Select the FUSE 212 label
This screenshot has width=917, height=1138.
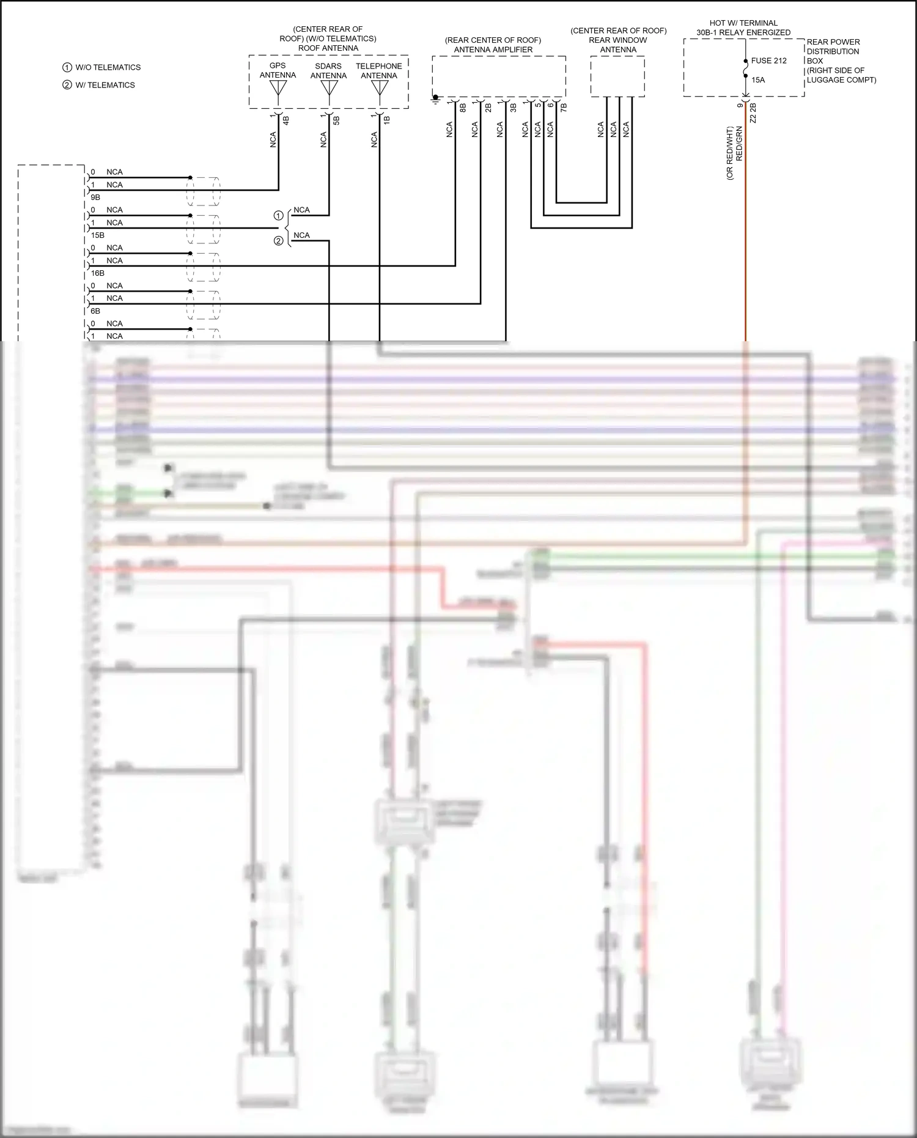click(768, 61)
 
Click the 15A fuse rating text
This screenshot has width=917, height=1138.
click(758, 80)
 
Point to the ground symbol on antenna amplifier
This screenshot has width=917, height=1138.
click(435, 98)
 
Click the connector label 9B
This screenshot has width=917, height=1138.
click(95, 198)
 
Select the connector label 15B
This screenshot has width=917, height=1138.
click(97, 235)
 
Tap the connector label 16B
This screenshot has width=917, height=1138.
click(97, 273)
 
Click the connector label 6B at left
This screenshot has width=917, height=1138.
click(95, 311)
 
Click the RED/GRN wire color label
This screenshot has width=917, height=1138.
click(740, 144)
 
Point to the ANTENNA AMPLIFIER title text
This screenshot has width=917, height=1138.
click(493, 50)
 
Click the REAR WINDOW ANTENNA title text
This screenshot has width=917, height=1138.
click(618, 45)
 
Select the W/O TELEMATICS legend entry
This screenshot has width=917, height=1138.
click(108, 67)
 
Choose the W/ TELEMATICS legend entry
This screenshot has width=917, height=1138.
click(105, 85)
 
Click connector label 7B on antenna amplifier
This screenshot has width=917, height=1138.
click(564, 107)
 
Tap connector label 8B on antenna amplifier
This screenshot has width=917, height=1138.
click(463, 108)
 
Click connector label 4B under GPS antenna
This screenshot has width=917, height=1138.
click(285, 120)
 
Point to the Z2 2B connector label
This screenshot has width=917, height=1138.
click(753, 113)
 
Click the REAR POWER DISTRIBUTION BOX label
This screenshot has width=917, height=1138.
click(834, 51)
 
